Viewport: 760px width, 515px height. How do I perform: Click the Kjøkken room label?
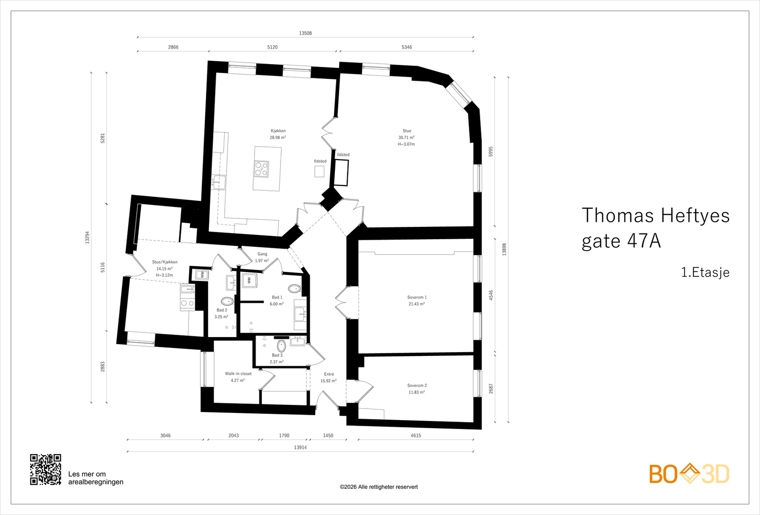click(x=278, y=131)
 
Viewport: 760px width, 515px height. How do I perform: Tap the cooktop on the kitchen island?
click(x=261, y=169)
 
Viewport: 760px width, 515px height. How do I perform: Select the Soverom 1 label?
click(x=417, y=298)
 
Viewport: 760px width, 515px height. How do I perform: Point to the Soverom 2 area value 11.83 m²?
click(x=417, y=392)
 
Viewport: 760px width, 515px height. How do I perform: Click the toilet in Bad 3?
click(x=281, y=346)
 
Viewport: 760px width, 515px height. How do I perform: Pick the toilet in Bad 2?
click(x=227, y=301)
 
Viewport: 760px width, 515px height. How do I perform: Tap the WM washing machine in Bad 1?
click(x=248, y=281)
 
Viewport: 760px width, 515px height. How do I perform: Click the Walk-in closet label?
click(x=238, y=374)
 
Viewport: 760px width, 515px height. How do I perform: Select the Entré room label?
click(x=329, y=374)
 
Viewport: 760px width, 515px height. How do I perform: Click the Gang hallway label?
click(x=262, y=254)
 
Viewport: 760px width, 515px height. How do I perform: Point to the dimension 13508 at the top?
click(x=305, y=33)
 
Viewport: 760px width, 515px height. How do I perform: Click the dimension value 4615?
click(x=416, y=435)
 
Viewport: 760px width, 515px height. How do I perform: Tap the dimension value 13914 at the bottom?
click(x=300, y=447)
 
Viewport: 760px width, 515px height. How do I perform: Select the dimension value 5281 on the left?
click(x=103, y=139)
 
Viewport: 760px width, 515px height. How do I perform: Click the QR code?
click(x=46, y=469)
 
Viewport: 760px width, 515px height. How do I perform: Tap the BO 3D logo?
click(x=689, y=474)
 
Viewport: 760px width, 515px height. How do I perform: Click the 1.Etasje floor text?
click(x=705, y=272)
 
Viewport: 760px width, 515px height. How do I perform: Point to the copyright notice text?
click(x=379, y=487)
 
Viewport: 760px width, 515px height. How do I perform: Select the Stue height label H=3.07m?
click(x=406, y=144)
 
